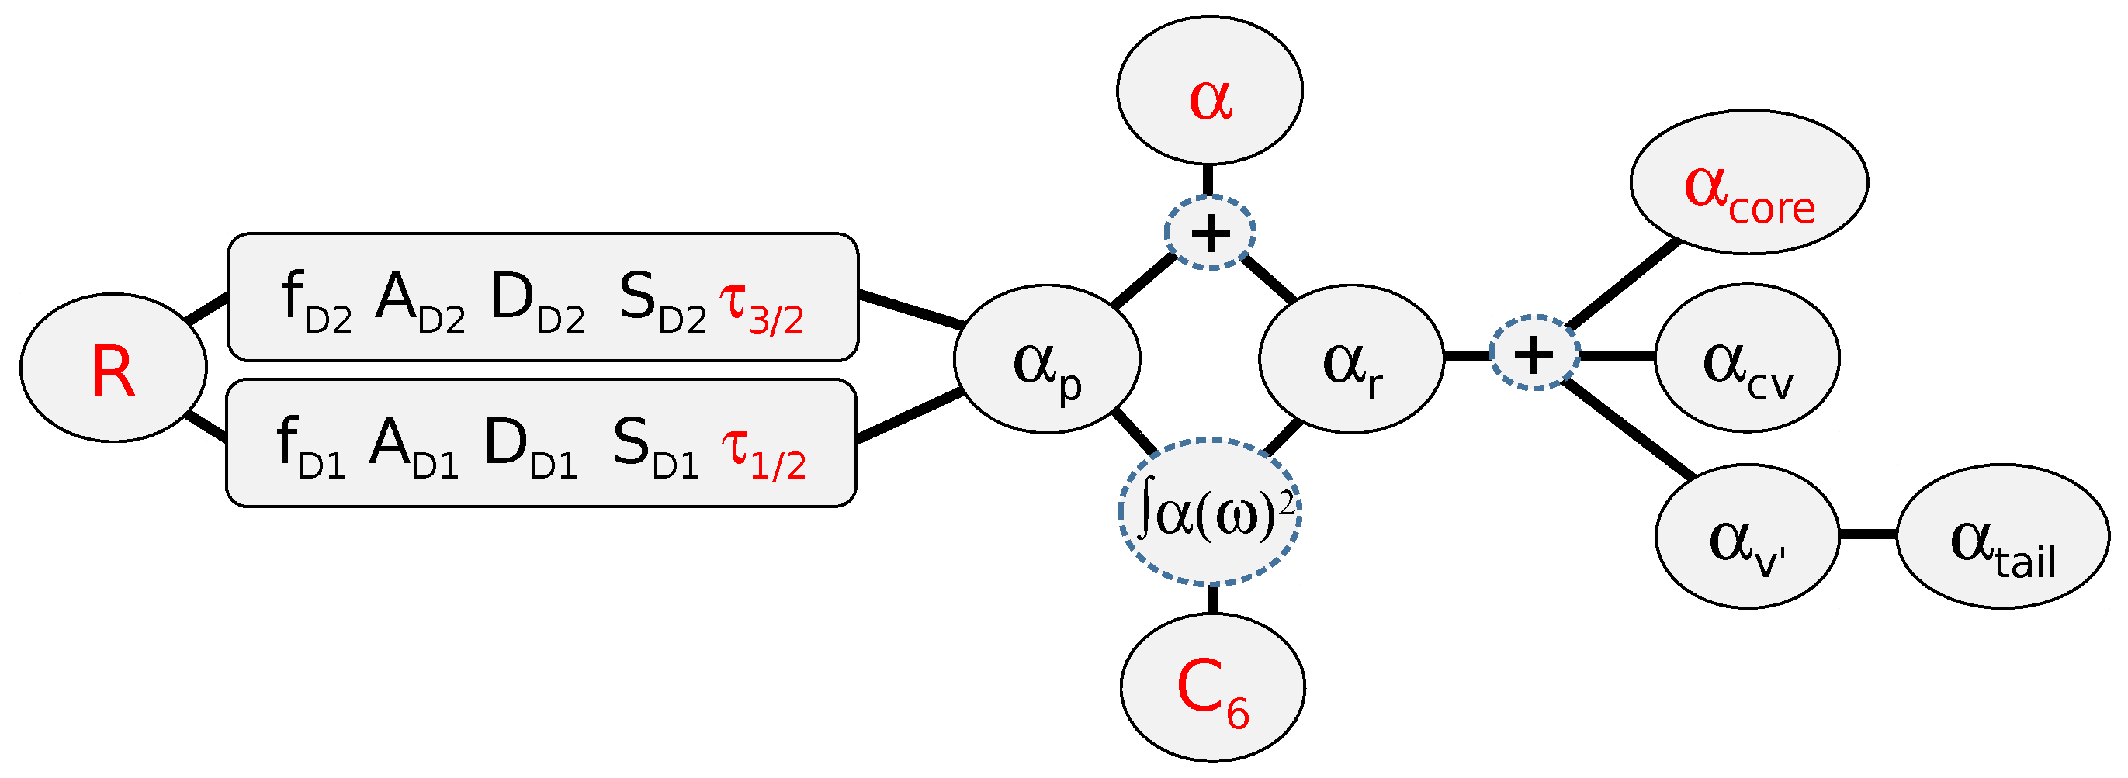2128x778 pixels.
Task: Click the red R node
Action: coord(113,368)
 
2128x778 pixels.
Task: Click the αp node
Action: coord(1047,359)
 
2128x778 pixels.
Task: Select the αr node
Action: coord(1351,359)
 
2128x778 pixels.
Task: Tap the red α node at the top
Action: coord(1209,91)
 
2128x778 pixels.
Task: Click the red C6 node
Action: coord(1212,687)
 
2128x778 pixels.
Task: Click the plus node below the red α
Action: coord(1210,233)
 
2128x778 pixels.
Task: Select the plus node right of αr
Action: coord(1534,354)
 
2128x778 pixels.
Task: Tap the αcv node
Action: coord(1747,358)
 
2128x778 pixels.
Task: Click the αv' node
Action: coord(1747,537)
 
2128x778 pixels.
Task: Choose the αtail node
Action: coord(2002,537)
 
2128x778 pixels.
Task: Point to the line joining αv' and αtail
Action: coord(1868,535)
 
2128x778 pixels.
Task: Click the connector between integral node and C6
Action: coord(1212,599)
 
